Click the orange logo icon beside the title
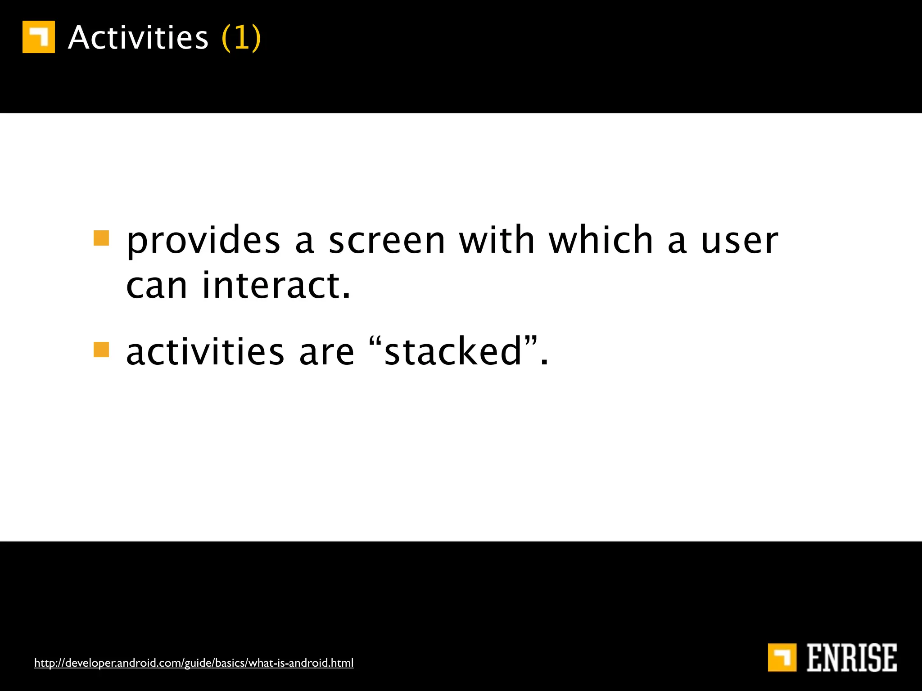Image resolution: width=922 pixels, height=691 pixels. (x=39, y=37)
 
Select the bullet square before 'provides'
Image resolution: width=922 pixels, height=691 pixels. (x=101, y=238)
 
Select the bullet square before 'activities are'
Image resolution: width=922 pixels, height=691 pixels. (x=101, y=350)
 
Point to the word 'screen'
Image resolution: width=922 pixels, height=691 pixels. (x=387, y=242)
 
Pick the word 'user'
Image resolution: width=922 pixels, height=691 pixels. (x=740, y=242)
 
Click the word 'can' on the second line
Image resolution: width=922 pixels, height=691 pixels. (x=156, y=287)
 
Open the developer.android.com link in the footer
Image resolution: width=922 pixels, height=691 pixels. (x=194, y=663)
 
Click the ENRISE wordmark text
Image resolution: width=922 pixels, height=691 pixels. (x=852, y=658)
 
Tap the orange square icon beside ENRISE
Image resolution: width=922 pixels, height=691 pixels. (x=782, y=657)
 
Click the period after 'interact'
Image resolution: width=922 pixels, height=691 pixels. (x=346, y=296)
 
